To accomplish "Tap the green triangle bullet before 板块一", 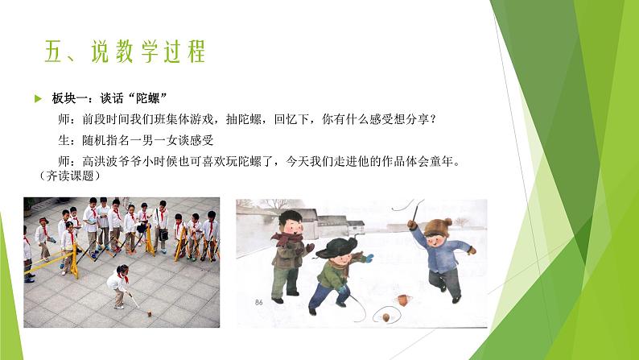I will click(x=37, y=98).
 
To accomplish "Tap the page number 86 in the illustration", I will click(x=258, y=302).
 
